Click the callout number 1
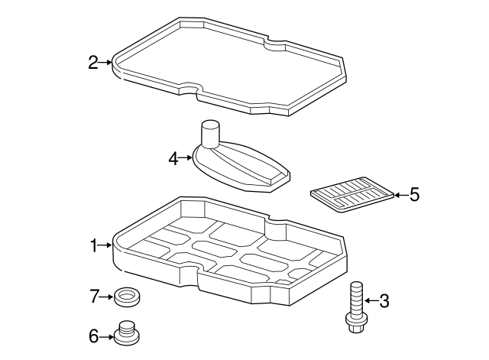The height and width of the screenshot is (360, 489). [94, 245]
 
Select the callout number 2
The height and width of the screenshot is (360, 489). [93, 63]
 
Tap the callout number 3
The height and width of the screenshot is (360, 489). [384, 301]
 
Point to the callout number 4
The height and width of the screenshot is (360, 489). [173, 159]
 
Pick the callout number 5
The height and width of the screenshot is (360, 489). [414, 195]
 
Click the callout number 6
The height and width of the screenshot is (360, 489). [94, 336]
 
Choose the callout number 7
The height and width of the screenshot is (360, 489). [95, 297]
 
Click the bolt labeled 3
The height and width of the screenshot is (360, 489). [357, 306]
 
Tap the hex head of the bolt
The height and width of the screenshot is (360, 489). [357, 324]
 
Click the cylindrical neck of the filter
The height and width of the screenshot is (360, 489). [210, 134]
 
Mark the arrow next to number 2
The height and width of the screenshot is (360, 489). [105, 63]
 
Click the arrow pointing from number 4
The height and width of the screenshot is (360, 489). [186, 158]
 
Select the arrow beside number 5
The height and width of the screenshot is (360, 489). [402, 195]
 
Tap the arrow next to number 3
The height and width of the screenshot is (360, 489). [372, 300]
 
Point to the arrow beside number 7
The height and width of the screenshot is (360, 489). [106, 297]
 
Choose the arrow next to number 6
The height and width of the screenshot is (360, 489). [106, 337]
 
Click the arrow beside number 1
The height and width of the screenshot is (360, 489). [105, 245]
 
